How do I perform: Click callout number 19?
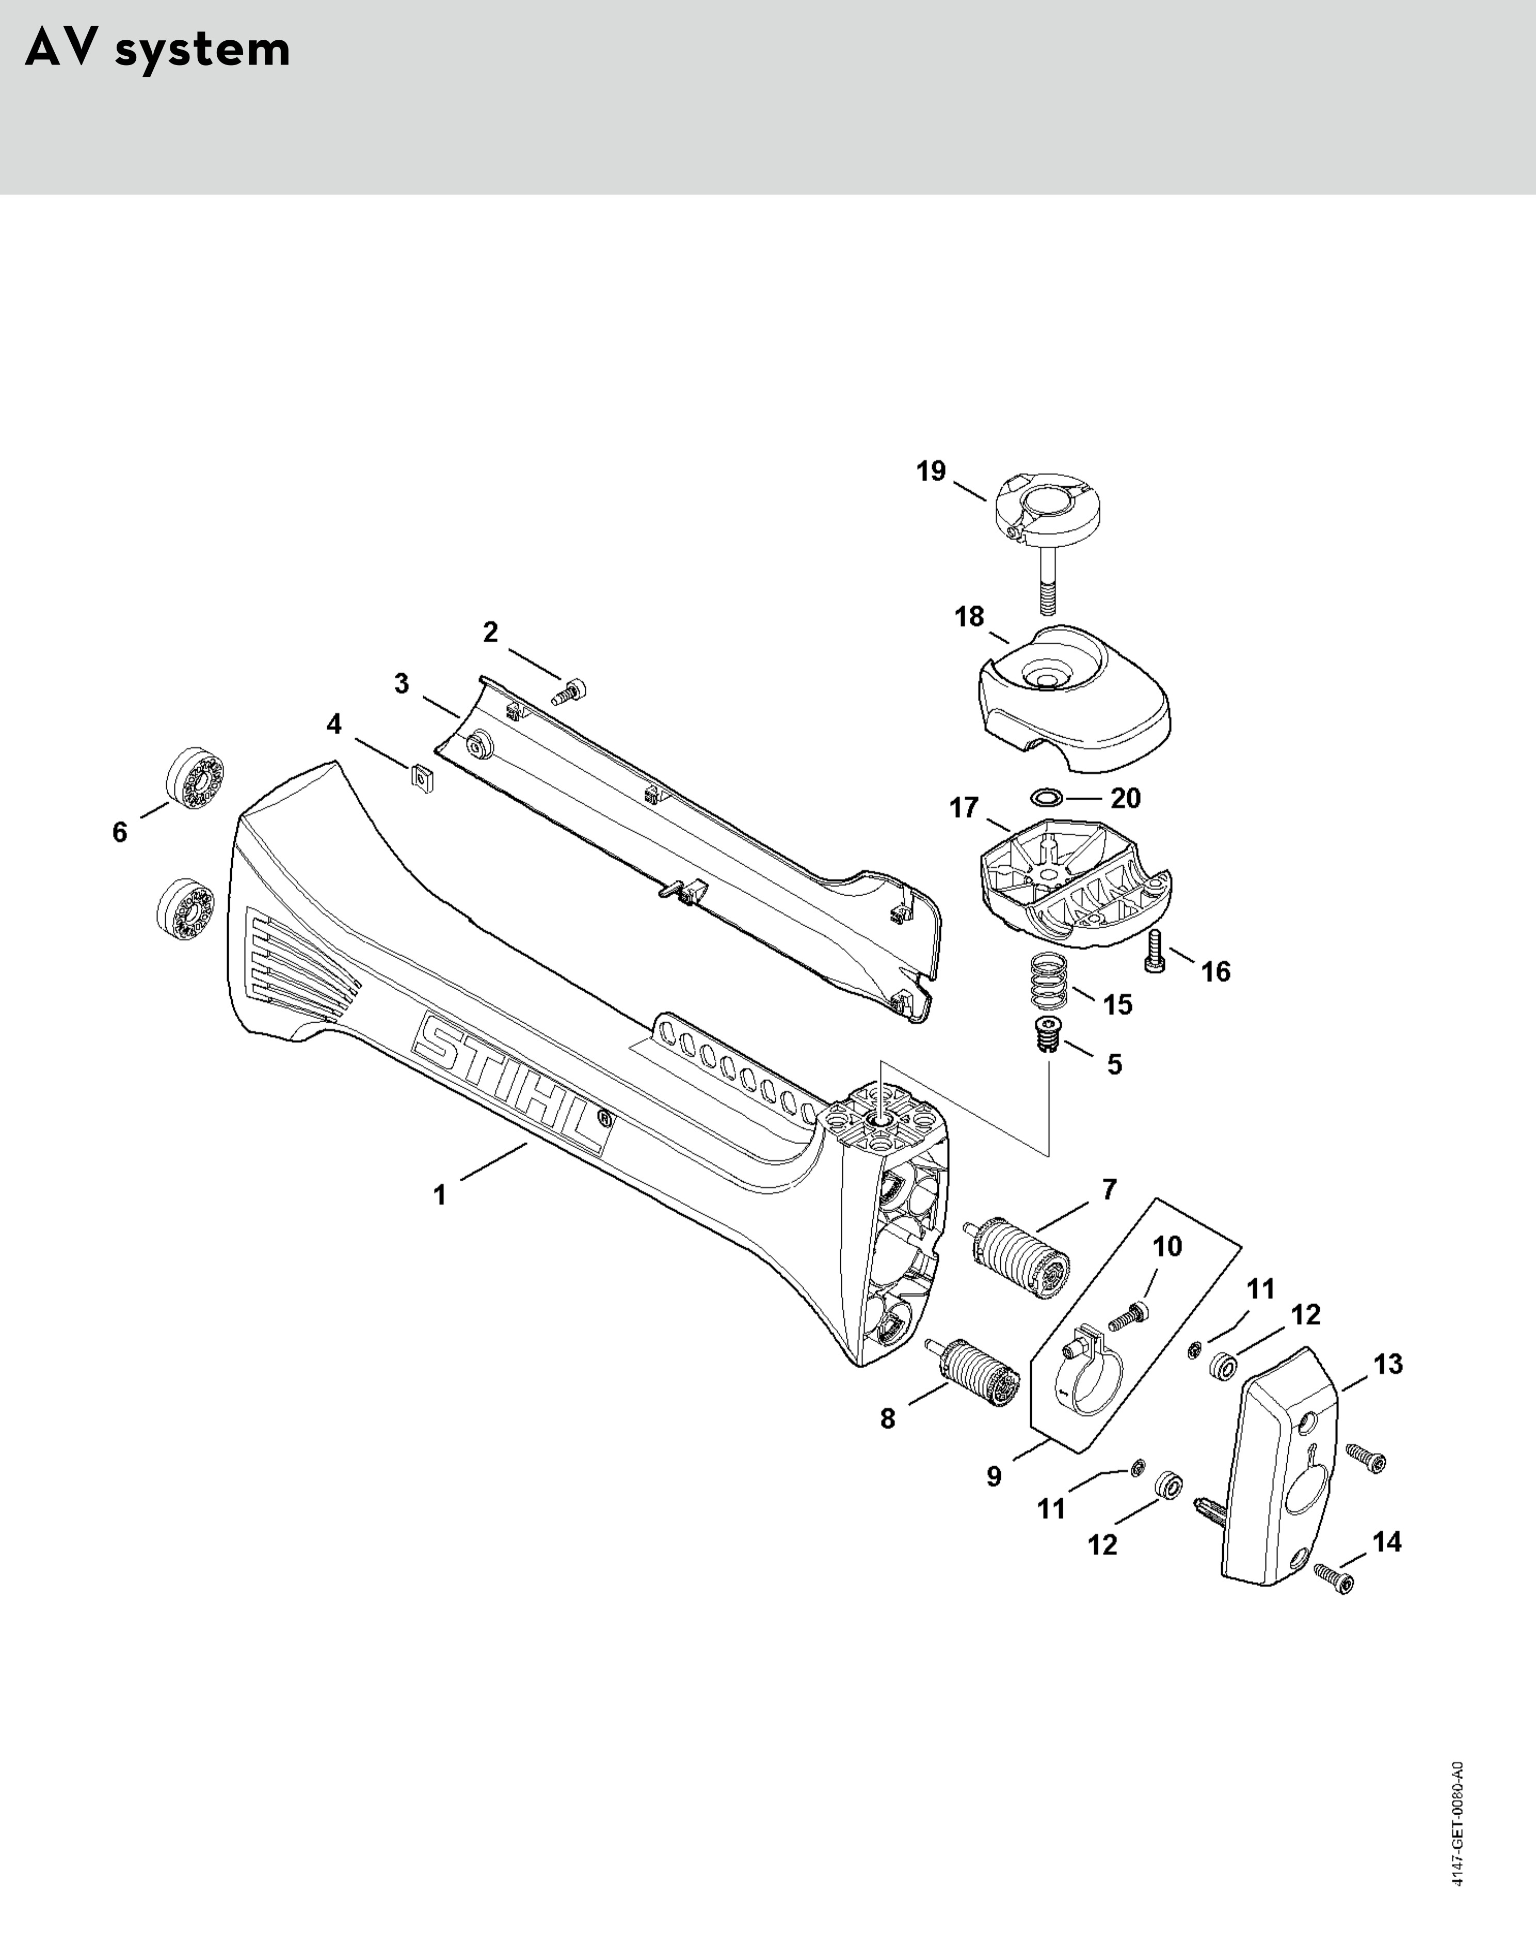click(931, 471)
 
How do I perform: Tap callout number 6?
click(120, 832)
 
